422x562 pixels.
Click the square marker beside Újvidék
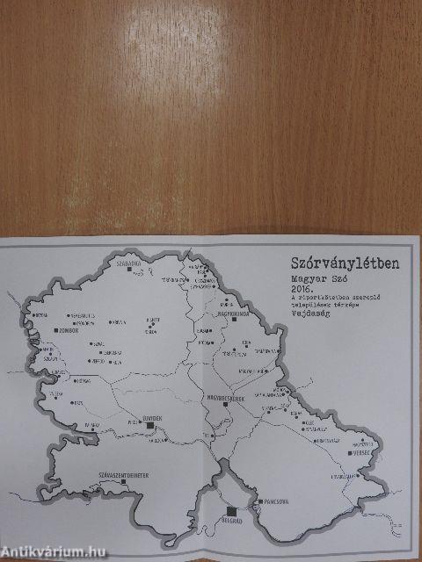point(150,424)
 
